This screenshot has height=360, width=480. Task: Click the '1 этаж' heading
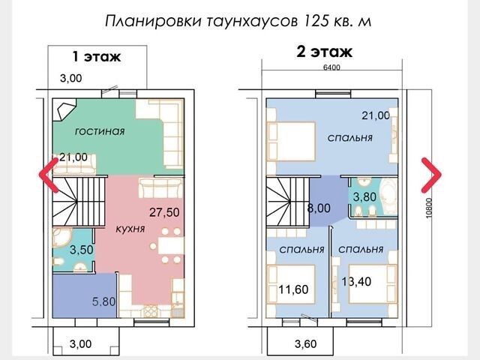97,57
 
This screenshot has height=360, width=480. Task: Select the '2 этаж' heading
325,52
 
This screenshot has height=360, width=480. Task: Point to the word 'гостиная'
100,131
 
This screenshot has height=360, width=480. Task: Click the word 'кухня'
130,229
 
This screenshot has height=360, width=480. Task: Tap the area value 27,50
164,212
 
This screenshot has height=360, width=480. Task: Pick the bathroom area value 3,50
82,250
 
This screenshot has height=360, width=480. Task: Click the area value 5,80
104,301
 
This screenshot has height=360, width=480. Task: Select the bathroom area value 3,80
364,196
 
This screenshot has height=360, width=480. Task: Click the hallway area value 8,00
319,208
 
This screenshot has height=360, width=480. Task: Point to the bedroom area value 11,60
293,289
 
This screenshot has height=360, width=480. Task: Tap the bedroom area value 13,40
356,281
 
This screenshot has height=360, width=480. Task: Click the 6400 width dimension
331,67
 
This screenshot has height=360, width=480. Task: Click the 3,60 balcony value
306,343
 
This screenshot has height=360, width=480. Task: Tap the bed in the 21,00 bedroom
292,141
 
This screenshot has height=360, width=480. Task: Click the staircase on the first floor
79,201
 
